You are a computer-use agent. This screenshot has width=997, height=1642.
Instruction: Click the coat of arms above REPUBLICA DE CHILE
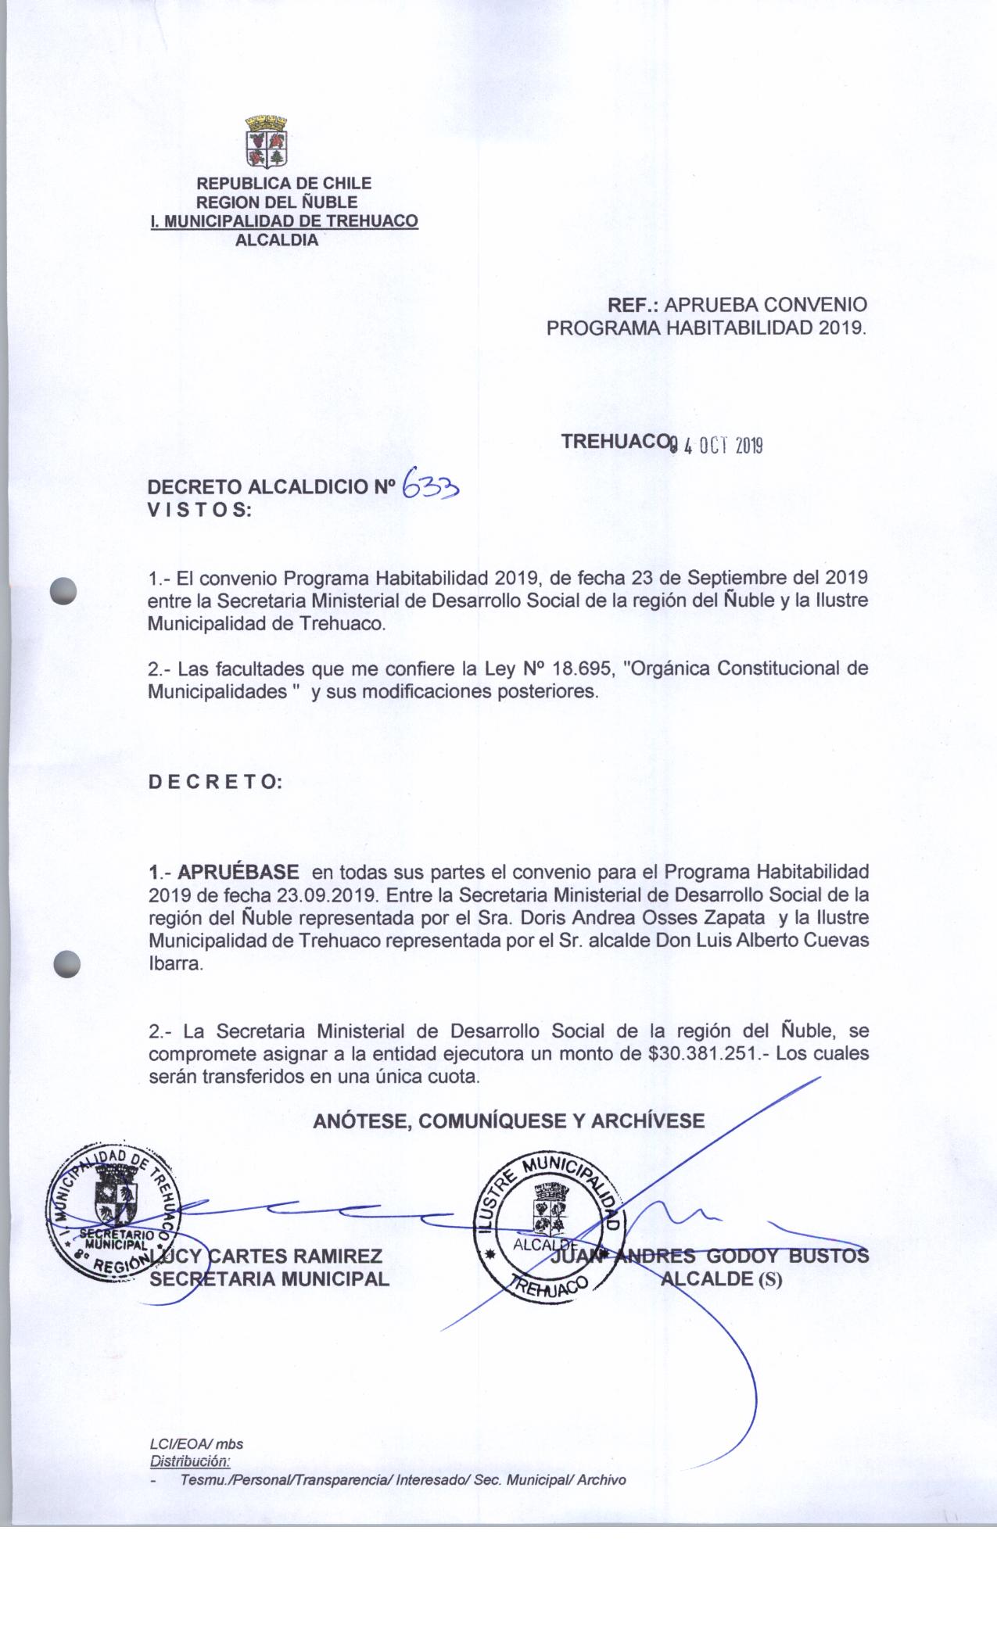tap(267, 143)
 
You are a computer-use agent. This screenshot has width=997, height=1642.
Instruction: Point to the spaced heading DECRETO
tap(215, 782)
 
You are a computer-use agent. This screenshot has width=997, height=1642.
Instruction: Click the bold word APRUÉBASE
tap(238, 871)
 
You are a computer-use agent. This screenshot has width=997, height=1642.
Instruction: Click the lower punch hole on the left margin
tap(68, 963)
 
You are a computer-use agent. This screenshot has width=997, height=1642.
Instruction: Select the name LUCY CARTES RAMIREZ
tap(270, 1257)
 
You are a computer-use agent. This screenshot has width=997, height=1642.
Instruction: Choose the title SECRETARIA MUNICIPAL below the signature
tap(269, 1279)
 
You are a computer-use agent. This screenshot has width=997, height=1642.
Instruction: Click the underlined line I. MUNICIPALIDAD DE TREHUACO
tap(284, 221)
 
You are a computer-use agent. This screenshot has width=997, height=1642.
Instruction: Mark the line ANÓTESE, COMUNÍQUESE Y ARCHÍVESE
tap(508, 1121)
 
